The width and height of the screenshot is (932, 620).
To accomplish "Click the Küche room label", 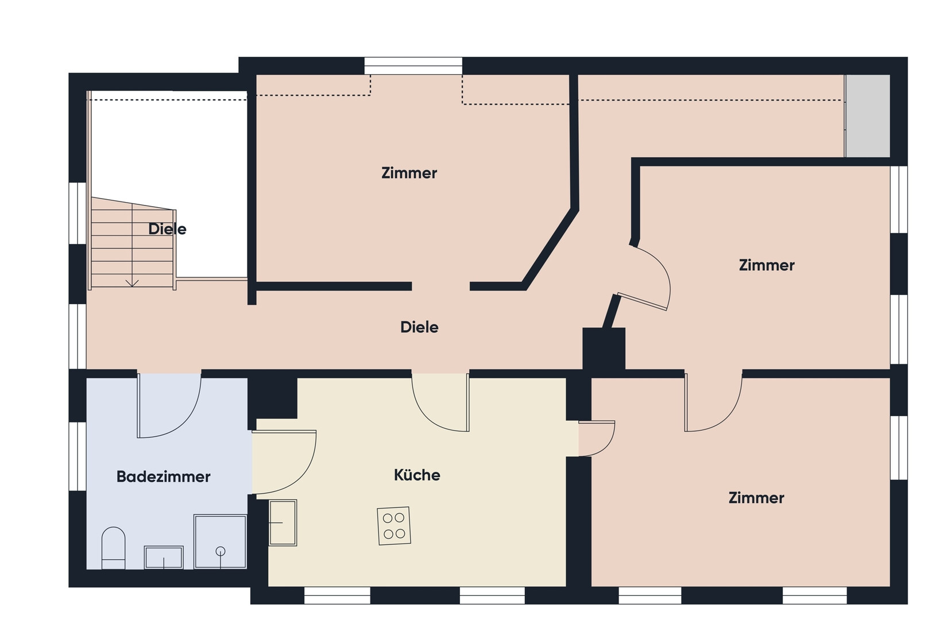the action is click(x=417, y=475).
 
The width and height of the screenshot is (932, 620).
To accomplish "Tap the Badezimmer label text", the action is click(x=163, y=476).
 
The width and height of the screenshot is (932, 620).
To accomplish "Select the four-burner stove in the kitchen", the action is click(x=393, y=526).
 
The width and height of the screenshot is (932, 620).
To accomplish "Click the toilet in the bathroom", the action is click(x=113, y=548).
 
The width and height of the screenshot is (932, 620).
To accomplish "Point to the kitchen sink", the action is click(x=283, y=522).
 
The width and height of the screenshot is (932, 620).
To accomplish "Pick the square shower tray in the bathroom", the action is click(x=220, y=541).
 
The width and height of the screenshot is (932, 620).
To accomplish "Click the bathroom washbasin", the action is click(x=164, y=557).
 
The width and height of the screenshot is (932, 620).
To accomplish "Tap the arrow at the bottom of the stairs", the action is click(x=132, y=283).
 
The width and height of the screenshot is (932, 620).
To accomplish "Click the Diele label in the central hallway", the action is click(x=419, y=327).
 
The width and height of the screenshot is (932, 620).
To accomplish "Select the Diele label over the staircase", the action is click(x=167, y=228).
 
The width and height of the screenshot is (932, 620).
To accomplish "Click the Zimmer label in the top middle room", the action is click(x=409, y=173).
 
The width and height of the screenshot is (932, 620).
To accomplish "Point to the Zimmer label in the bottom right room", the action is click(x=756, y=498).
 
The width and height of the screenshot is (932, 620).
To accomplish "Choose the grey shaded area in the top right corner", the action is click(x=867, y=116).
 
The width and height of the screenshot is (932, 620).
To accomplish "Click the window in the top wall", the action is click(x=413, y=65).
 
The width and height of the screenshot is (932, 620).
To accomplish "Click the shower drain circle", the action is click(x=221, y=551).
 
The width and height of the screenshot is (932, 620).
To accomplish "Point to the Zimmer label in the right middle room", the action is click(x=767, y=265).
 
